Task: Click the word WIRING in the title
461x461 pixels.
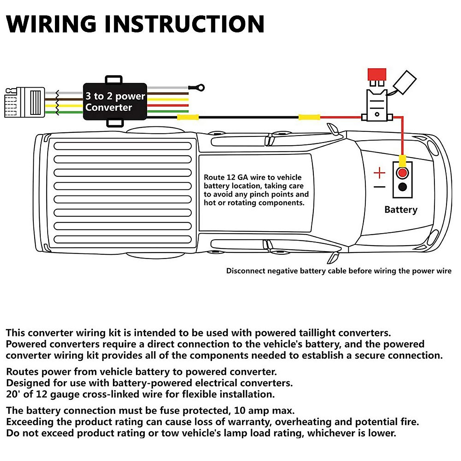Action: (51, 24)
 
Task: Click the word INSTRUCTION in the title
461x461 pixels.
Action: (184, 24)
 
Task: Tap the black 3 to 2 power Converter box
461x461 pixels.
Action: (115, 101)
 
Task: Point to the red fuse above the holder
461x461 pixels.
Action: (376, 74)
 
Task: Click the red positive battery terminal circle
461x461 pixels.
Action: (402, 173)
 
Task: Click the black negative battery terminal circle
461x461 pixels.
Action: (402, 187)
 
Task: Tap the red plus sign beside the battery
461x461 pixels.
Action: (379, 173)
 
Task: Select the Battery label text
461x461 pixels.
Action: (401, 210)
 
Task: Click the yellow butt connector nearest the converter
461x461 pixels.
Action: (187, 117)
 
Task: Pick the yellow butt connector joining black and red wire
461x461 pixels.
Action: (309, 117)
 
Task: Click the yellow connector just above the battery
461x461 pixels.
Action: (402, 160)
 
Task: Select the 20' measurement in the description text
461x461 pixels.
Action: (13, 394)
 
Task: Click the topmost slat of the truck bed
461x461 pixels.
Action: (123, 146)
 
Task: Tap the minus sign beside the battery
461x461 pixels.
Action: (379, 187)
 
